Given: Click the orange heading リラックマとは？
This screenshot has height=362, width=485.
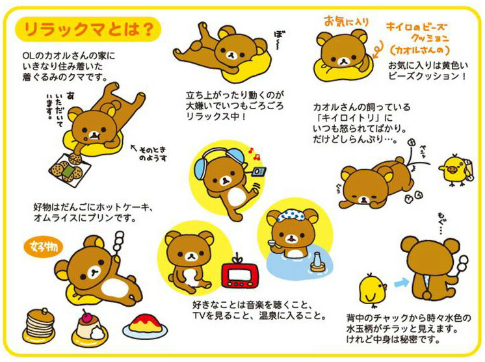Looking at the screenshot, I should (88, 29).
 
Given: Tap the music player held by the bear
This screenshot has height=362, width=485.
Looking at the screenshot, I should (259, 173).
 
